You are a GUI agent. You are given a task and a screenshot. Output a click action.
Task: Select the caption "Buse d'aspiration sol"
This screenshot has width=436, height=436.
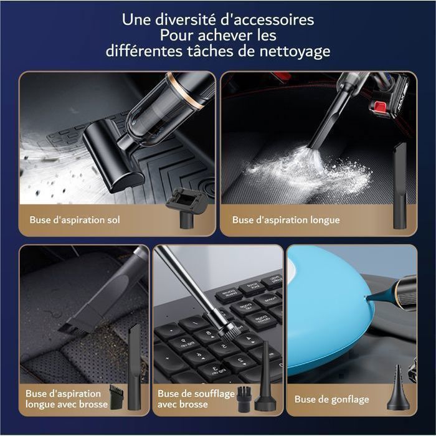[75, 220]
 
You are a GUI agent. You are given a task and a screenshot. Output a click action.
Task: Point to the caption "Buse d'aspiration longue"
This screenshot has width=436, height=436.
[286, 220]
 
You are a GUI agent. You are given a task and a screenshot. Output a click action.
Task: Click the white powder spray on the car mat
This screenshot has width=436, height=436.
[309, 169]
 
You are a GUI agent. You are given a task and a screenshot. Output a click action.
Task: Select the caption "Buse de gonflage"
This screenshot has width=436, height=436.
[332, 399]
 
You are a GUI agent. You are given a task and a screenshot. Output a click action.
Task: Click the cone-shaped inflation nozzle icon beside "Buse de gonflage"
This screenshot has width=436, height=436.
[398, 388]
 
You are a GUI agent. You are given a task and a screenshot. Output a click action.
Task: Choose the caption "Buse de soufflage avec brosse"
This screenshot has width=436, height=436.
[196, 399]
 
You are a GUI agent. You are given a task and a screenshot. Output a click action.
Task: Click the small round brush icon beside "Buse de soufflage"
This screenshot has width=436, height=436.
[244, 399]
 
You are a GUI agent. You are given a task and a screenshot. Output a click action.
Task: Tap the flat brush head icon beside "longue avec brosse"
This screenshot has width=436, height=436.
[116, 397]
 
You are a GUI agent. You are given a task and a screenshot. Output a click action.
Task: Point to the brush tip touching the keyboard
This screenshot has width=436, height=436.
[229, 331]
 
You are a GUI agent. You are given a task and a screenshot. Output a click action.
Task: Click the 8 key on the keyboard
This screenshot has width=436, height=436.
[207, 334]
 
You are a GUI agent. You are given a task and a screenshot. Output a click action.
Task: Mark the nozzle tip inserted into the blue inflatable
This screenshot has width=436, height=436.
[366, 299]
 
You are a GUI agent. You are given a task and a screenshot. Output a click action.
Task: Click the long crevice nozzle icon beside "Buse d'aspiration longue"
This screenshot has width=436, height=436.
[400, 186]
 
